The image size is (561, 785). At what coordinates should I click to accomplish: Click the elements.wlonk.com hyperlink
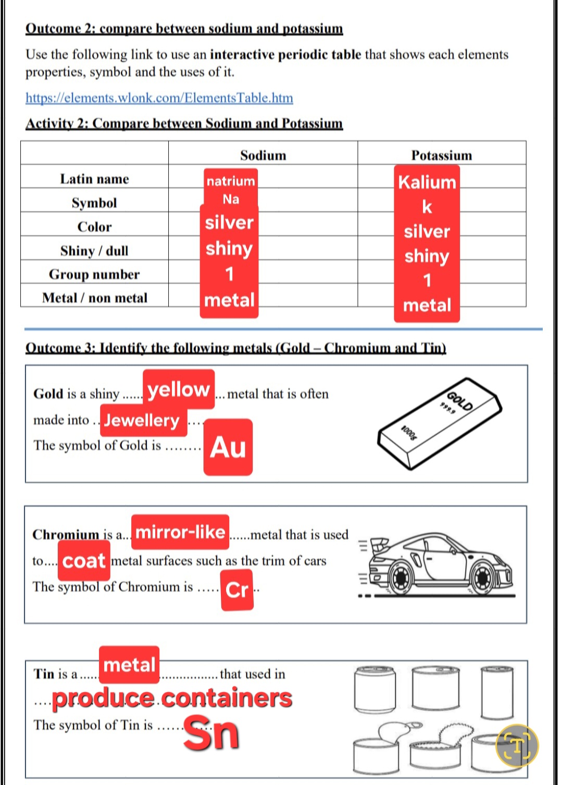159,98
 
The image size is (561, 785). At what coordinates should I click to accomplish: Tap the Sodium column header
263,155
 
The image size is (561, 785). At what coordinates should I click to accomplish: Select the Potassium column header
441,155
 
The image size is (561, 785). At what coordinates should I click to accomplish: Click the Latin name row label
94,179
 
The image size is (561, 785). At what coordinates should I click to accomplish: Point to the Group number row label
94,275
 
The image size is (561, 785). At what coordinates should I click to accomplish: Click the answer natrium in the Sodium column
231,181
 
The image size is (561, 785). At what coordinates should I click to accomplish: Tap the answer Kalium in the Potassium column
427,182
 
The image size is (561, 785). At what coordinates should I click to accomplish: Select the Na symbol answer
231,199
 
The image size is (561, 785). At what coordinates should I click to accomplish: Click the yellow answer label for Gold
179,389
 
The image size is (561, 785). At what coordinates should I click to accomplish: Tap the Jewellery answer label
142,420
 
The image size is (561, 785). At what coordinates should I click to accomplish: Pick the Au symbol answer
228,447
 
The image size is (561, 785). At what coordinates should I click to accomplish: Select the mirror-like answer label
180,532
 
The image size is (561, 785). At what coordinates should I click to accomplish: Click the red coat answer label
84,561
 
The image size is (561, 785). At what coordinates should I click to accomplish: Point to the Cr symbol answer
237,590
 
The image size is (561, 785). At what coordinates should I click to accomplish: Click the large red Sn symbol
211,732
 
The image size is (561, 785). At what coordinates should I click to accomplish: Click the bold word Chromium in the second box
65,535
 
